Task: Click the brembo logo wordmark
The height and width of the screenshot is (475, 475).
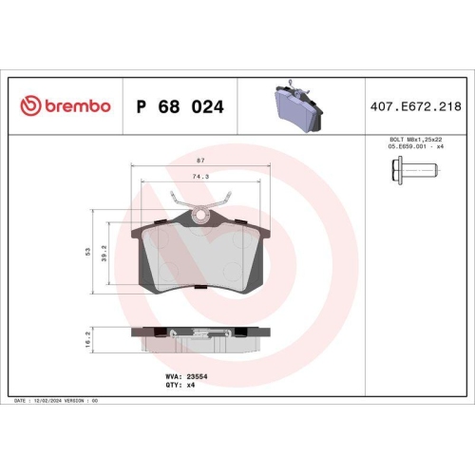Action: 73,107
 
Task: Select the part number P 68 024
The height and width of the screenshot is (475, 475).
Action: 180,107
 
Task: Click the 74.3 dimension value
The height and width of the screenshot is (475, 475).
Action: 200,177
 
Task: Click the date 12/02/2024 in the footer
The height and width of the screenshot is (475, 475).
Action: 50,401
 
